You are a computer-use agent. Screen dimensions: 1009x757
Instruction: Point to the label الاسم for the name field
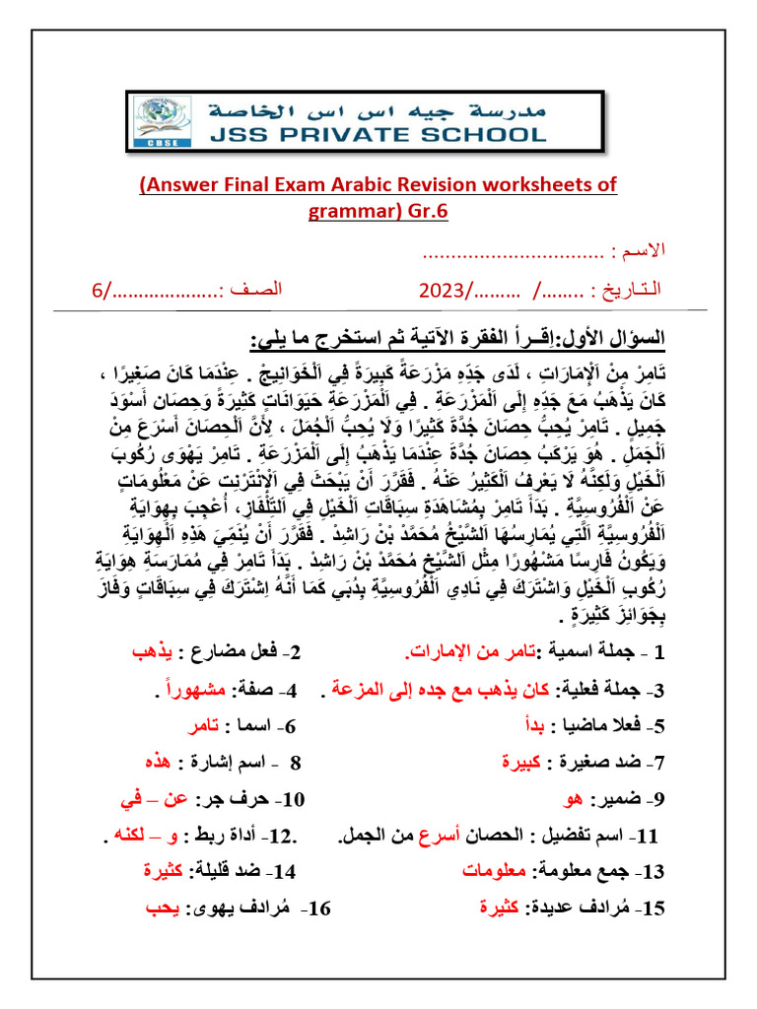point(645,253)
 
